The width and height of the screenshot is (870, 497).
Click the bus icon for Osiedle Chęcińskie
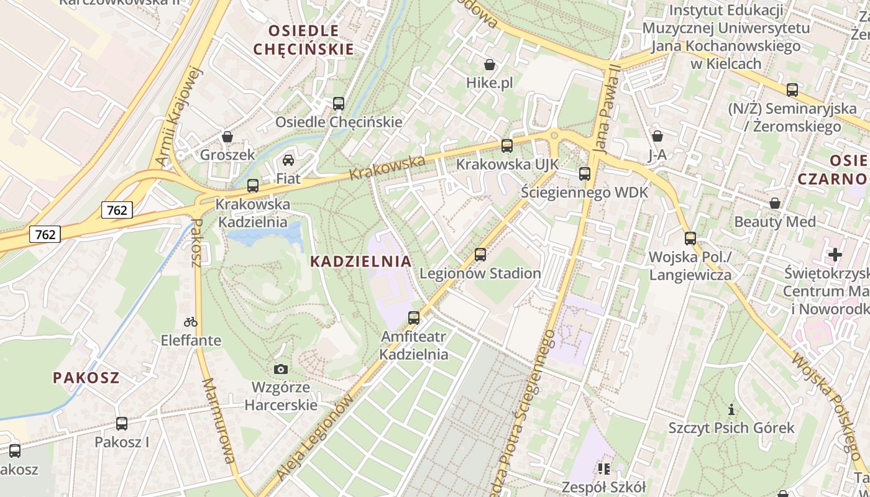339,104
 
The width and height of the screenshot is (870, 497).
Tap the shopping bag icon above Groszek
227,137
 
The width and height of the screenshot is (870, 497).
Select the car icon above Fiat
288,160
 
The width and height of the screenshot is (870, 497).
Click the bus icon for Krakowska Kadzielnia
252,185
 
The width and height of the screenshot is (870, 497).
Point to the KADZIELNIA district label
360,262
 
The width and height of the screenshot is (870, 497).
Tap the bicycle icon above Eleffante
191,322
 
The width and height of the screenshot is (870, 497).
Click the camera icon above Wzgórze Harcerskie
281,369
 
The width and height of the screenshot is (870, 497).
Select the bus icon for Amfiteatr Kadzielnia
414,318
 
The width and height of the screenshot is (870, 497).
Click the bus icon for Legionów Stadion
480,254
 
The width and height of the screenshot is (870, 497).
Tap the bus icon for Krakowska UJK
507,146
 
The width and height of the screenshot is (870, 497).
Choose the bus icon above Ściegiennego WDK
585,174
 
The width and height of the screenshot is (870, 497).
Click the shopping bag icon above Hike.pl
490,65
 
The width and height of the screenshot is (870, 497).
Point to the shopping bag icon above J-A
657,136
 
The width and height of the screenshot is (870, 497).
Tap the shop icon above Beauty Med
775,203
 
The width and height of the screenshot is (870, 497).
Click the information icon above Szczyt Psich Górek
731,409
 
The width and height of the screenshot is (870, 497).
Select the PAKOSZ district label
86,378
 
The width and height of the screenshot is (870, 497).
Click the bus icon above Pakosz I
122,424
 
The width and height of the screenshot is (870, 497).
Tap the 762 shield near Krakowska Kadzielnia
117,210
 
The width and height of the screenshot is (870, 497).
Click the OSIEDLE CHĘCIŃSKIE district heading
304,40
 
